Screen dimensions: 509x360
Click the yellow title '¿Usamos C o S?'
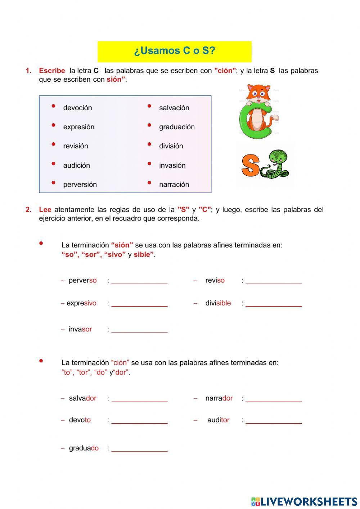[175, 51]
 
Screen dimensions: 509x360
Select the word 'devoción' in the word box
[77, 108]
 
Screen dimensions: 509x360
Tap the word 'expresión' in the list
[78, 127]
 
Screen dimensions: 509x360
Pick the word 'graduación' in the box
[177, 127]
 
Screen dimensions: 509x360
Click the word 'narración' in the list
[174, 184]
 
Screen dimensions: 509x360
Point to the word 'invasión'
[172, 165]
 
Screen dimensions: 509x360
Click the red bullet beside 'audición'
[53, 164]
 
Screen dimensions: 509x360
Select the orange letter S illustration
[250, 165]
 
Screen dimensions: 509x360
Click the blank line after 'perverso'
[139, 281]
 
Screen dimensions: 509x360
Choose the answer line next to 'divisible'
[274, 303]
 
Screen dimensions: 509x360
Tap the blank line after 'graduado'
[139, 448]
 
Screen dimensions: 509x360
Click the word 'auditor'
[218, 420]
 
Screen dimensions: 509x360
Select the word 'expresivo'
[81, 303]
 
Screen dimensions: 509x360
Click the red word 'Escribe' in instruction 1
[52, 71]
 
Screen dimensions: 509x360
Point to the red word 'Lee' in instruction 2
[45, 210]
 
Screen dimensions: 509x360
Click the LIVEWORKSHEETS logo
[304, 501]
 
